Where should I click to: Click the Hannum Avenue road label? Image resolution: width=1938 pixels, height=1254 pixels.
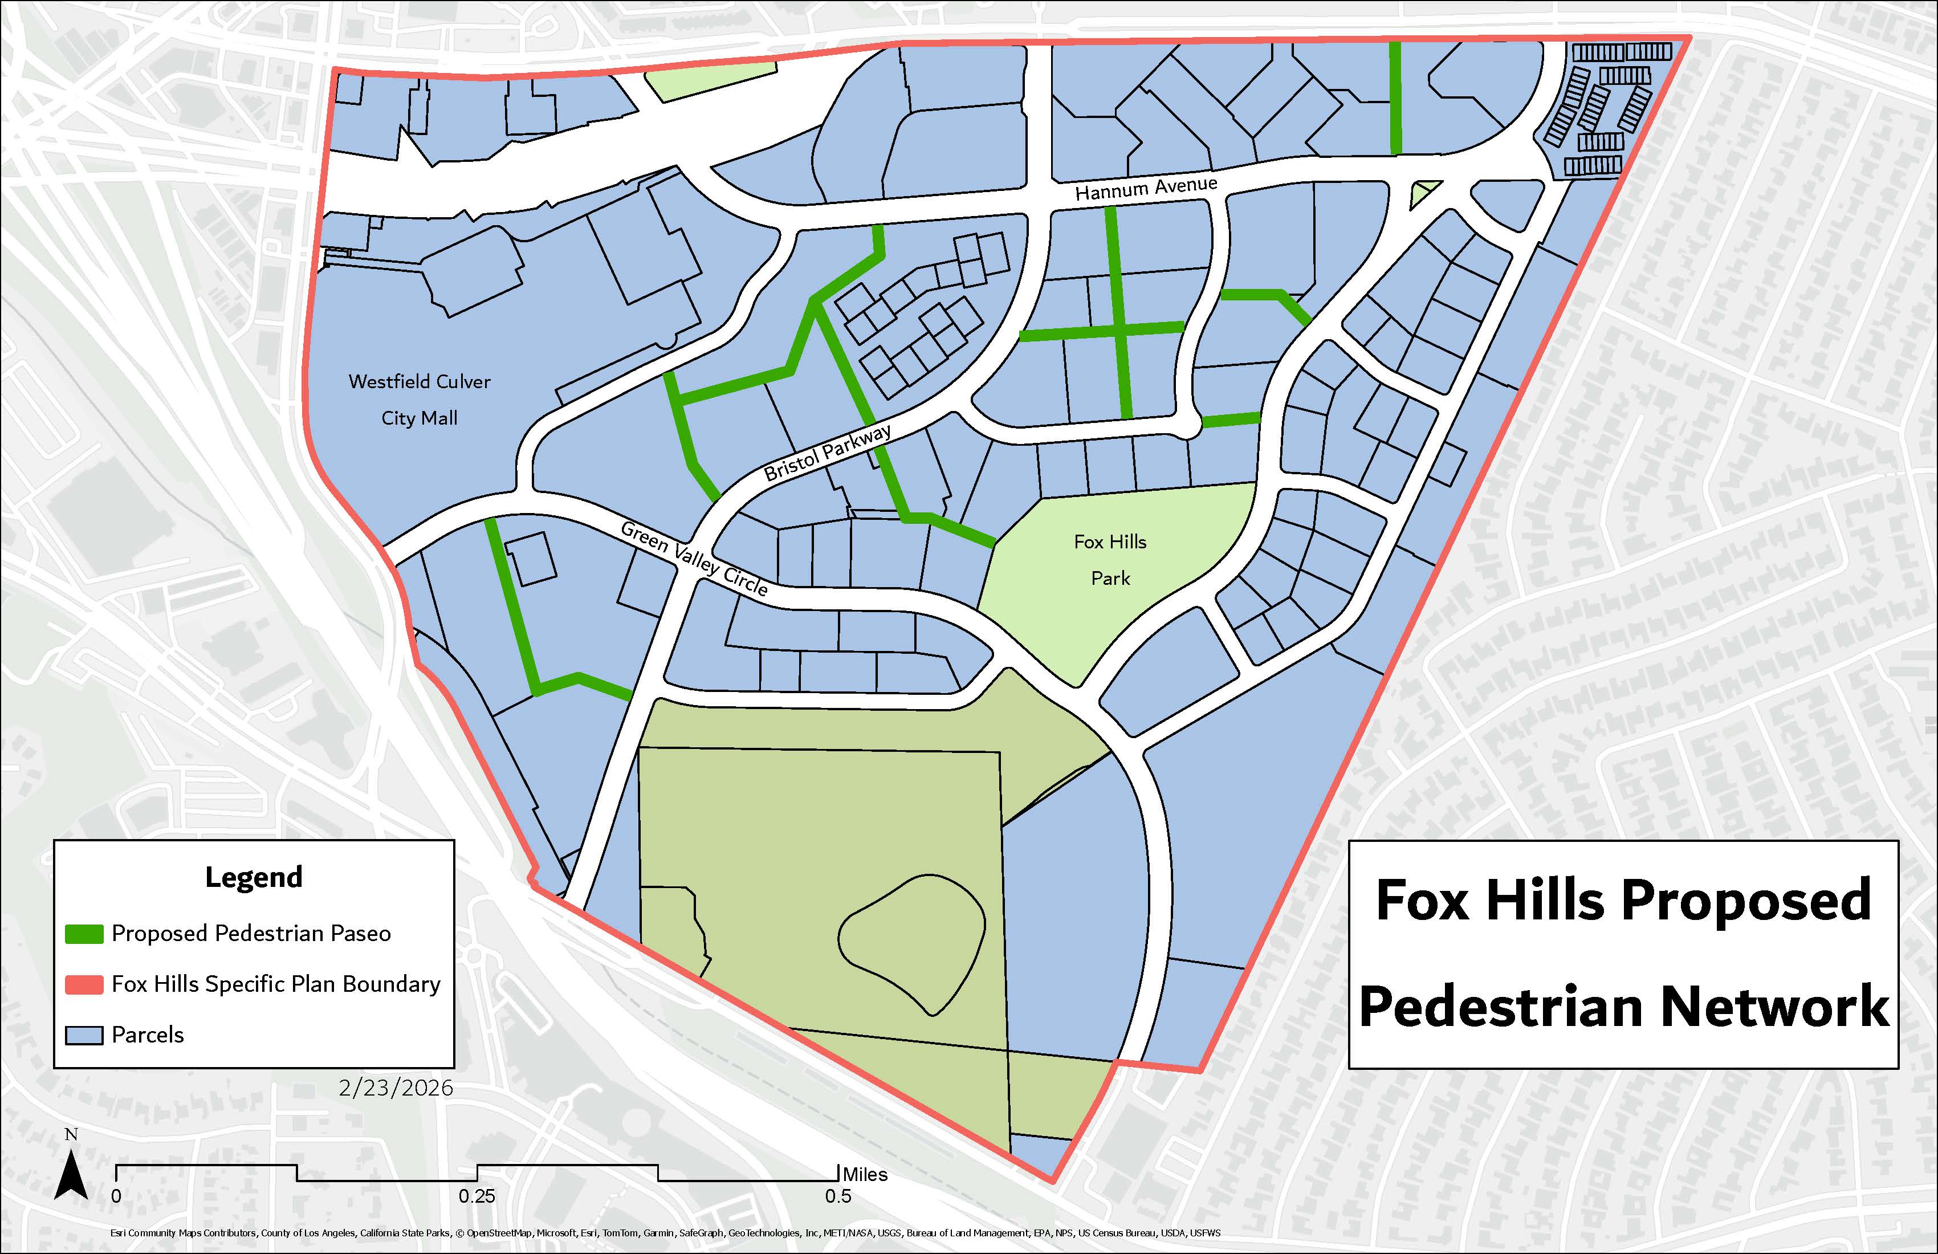click(1146, 188)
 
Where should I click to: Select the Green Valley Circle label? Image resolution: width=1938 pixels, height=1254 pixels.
click(694, 559)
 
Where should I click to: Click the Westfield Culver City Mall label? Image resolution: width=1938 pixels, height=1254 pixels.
click(420, 400)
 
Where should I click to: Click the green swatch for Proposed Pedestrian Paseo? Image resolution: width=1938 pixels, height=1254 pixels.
click(84, 933)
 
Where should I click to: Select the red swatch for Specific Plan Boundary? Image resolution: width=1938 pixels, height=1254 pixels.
click(84, 984)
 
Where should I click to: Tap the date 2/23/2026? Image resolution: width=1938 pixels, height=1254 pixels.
click(396, 1088)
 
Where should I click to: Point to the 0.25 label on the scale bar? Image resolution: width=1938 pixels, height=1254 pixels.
click(477, 1196)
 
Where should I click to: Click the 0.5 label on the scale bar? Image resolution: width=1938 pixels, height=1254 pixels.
click(837, 1196)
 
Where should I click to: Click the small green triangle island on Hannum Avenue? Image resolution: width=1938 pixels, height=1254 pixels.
click(1423, 193)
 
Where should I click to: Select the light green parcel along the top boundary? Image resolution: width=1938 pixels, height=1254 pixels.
click(710, 82)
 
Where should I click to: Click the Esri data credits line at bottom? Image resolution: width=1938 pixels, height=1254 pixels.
click(665, 1233)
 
